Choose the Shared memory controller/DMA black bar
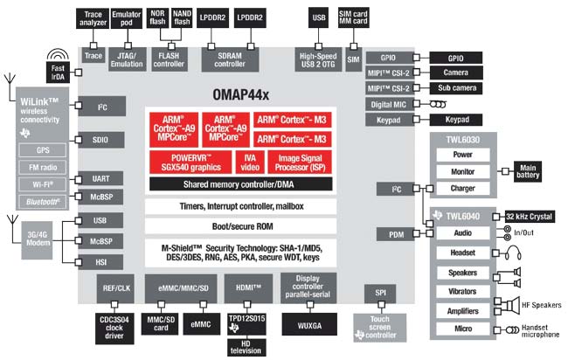pyautogui.click(x=239, y=185)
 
